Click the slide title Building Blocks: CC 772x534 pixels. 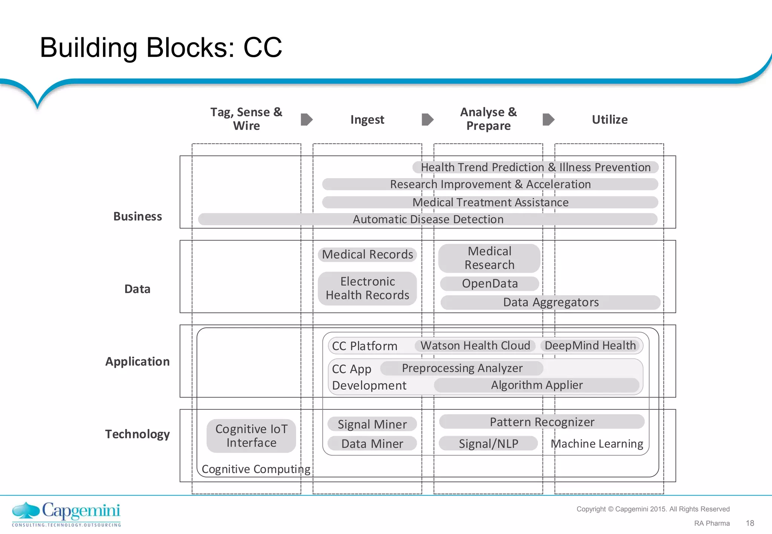click(161, 48)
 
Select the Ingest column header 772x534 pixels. click(367, 120)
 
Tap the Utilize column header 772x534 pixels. click(610, 120)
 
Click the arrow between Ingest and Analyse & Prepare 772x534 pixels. click(427, 120)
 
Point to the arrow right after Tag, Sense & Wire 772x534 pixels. click(306, 120)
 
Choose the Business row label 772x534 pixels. click(138, 217)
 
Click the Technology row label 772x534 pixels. click(137, 434)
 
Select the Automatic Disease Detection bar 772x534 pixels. click(428, 219)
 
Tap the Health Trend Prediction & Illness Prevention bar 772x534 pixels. click(535, 167)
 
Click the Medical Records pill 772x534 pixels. click(368, 255)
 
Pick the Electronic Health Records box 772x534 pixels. click(368, 288)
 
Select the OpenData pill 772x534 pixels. click(490, 284)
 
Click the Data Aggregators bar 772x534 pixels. click(550, 302)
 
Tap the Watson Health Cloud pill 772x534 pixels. click(475, 346)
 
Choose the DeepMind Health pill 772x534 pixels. click(590, 346)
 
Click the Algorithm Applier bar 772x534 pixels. click(536, 385)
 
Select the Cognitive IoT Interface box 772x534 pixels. click(251, 436)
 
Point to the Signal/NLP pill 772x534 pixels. click(488, 444)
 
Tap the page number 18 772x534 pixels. click(750, 523)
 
